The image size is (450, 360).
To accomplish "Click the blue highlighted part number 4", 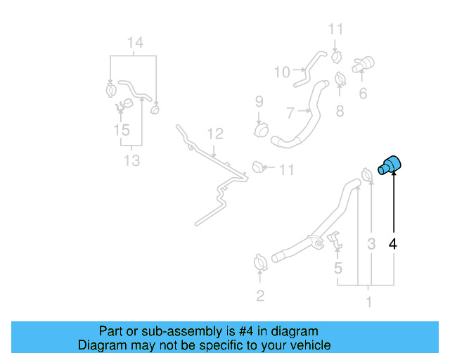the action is (x=390, y=165).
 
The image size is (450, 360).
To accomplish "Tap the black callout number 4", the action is (x=393, y=244).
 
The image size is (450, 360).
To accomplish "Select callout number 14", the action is (x=135, y=42).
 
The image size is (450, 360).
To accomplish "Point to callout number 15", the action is (x=122, y=130).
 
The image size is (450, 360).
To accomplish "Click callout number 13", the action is (x=132, y=160).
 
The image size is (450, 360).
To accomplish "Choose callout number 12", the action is (x=215, y=134).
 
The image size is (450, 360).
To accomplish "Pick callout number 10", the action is (x=282, y=72).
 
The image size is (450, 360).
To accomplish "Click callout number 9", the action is (x=259, y=101).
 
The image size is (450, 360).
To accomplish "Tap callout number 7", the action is (x=290, y=112).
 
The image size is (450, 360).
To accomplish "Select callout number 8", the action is (x=340, y=111).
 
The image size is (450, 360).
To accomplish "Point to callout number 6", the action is (x=363, y=94).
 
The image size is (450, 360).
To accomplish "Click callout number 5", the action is (x=338, y=268).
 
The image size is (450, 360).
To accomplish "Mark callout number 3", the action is (x=371, y=244).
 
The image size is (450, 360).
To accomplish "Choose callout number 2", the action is (x=260, y=296).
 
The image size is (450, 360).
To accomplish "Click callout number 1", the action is (x=369, y=302).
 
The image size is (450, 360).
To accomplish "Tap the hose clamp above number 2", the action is (x=261, y=262).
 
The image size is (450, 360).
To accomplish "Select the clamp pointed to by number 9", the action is (x=261, y=130).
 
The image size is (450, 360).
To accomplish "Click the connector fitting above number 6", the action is (x=363, y=64).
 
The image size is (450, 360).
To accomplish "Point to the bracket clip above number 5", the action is (x=335, y=240).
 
